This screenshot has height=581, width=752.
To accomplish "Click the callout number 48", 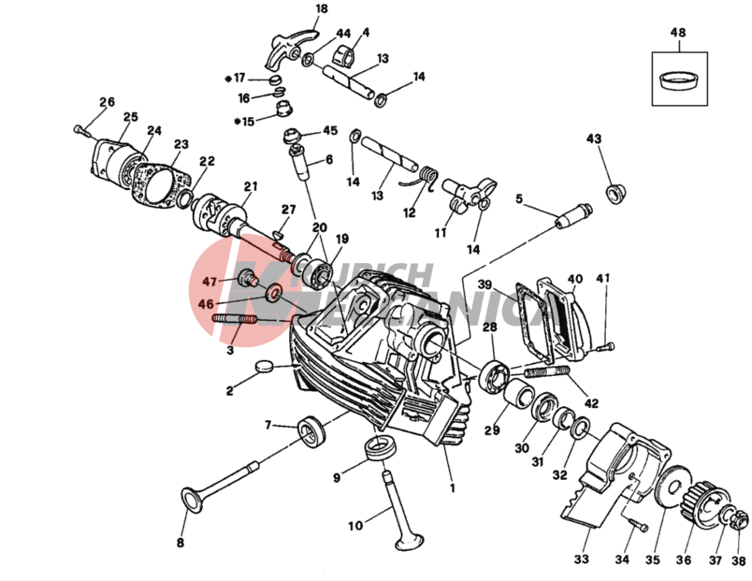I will click(x=678, y=33).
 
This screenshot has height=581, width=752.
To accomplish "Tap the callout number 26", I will click(x=107, y=102).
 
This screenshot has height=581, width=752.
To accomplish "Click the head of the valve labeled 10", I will click(x=408, y=541).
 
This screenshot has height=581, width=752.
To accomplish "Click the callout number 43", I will click(x=593, y=138).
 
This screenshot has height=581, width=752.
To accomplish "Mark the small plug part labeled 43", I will click(x=615, y=195).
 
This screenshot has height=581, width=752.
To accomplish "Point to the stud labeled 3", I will click(x=238, y=322).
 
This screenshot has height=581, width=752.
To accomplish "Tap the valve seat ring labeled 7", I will click(x=311, y=431).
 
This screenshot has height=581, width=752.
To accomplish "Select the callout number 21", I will click(x=250, y=185).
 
